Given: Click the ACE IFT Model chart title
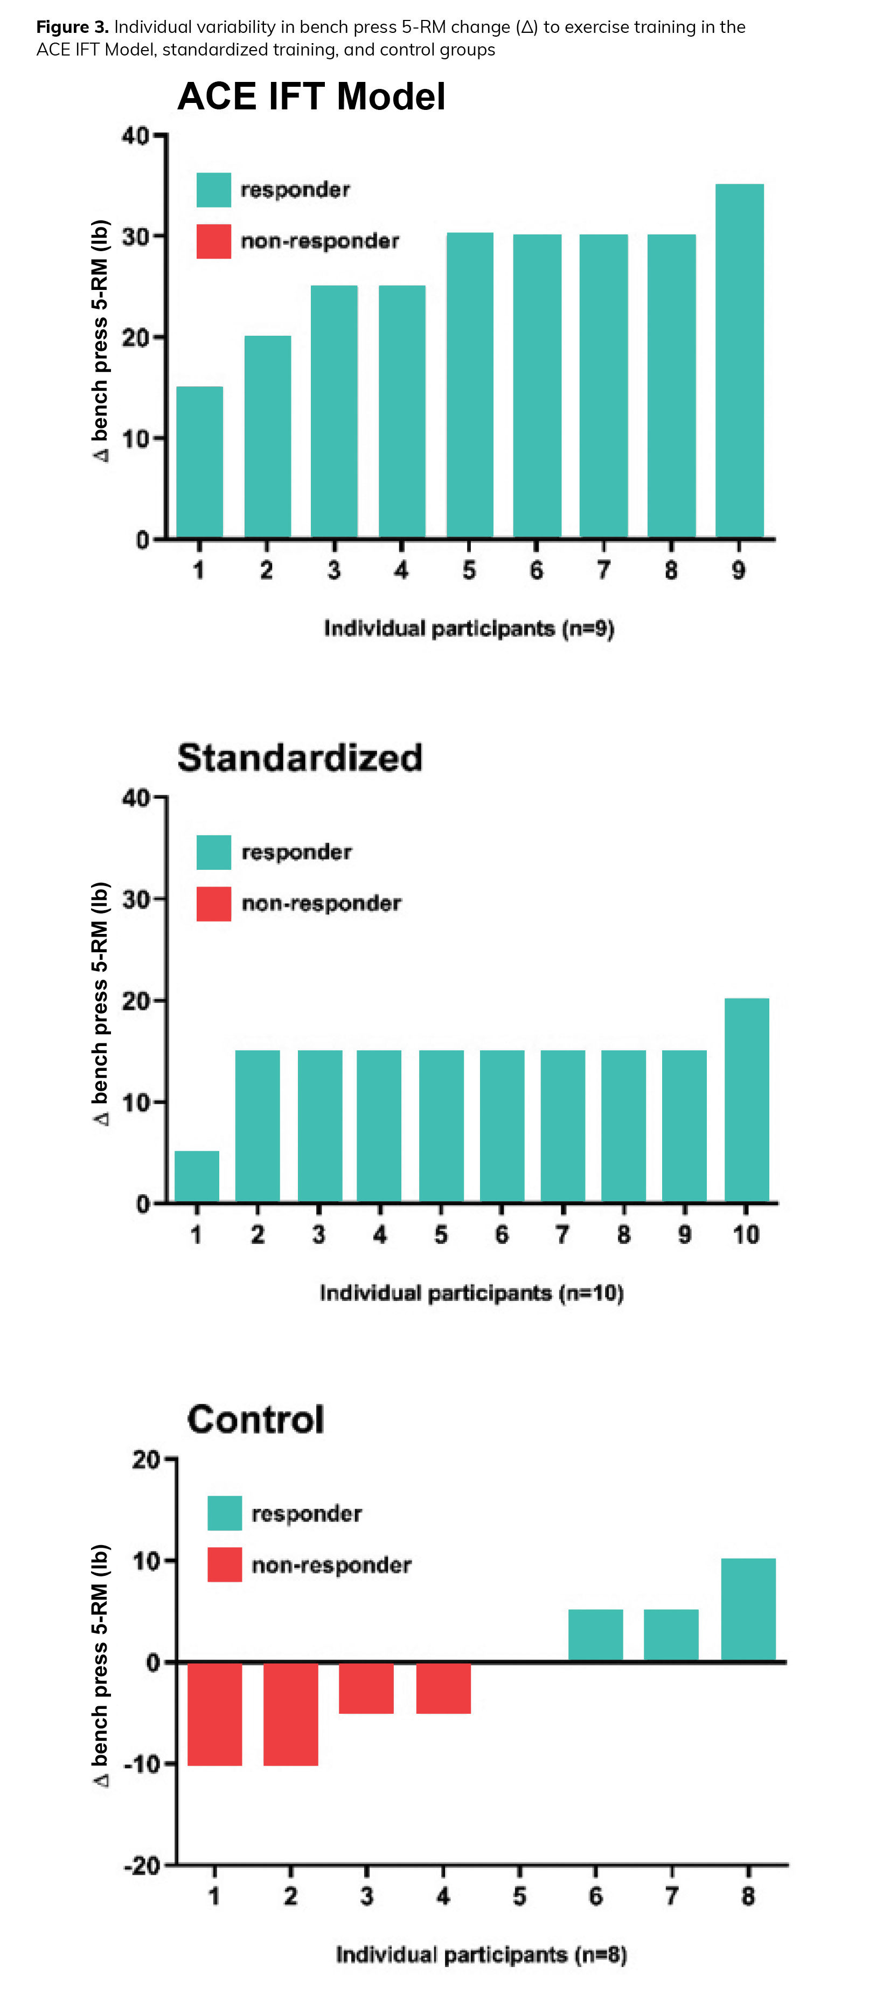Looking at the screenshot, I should pos(311,97).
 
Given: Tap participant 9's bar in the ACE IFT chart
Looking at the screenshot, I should pos(739,361).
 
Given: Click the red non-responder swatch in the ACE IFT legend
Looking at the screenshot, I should pos(213,241).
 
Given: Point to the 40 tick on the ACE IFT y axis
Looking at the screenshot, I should pos(135,136).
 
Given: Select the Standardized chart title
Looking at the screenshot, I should pos(300,757).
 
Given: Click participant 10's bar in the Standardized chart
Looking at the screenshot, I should pos(746,1100).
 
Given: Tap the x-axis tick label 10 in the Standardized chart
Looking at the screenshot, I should pos(746,1234).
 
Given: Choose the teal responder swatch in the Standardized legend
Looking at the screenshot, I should pos(213,852).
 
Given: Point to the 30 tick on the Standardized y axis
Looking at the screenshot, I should pos(135,899).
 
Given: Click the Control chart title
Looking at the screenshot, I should pos(255,1419).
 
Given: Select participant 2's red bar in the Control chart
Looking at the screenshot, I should pos(290,1714).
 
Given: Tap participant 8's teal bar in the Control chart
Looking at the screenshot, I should pos(748,1610).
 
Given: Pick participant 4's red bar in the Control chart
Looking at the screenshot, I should pos(443,1688).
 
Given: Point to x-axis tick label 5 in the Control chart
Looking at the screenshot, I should pos(519,1896).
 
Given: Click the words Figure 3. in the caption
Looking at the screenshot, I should pos(72,27).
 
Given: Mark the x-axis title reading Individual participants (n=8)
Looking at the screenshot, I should pos(481,1955).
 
